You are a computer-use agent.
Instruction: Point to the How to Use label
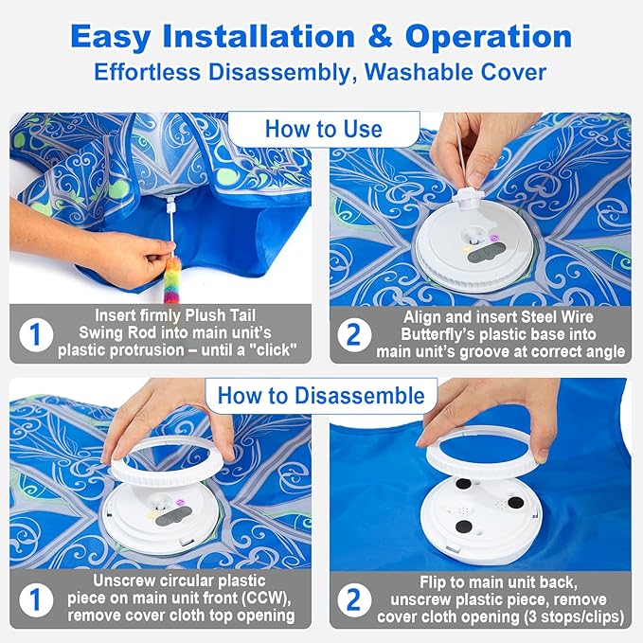tap(323, 129)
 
